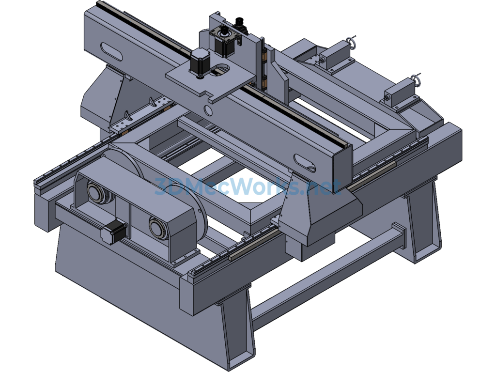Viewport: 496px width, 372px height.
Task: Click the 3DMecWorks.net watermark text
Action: tap(248, 186)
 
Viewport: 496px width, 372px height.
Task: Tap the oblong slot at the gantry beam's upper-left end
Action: tap(111, 52)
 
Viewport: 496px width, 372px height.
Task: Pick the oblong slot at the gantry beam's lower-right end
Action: tap(304, 163)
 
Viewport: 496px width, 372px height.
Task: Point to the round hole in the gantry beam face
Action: tap(209, 111)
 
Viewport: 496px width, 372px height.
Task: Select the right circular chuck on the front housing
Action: tap(158, 228)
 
